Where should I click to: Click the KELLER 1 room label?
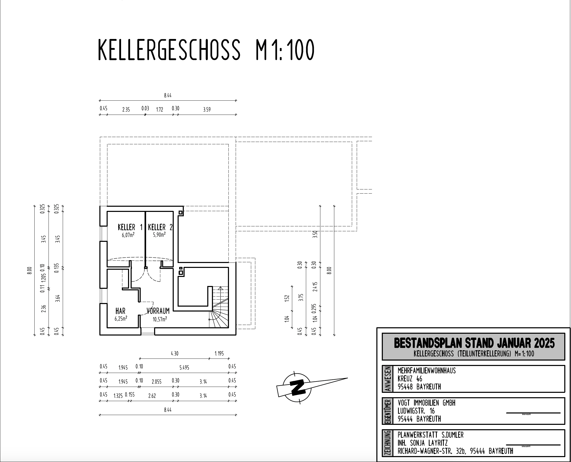(x=130, y=227)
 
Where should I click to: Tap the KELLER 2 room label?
(x=160, y=227)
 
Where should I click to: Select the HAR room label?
(x=120, y=311)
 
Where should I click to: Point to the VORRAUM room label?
(x=158, y=311)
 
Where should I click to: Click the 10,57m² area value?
(x=160, y=319)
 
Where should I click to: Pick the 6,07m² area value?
(x=128, y=235)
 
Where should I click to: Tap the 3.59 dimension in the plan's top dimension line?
(x=207, y=109)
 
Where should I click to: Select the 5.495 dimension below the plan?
(x=184, y=368)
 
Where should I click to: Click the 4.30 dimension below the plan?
(x=174, y=353)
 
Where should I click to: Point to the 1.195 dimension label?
(x=219, y=353)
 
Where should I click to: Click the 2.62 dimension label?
(x=152, y=396)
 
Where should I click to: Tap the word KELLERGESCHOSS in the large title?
(x=169, y=50)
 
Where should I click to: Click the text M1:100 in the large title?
(x=285, y=50)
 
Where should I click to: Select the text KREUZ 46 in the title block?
(x=410, y=379)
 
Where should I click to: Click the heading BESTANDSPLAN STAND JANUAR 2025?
(x=474, y=343)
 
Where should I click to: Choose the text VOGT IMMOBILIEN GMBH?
(x=426, y=403)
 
